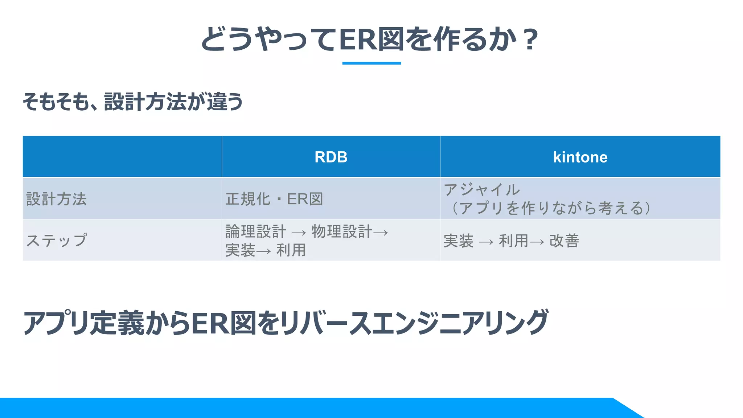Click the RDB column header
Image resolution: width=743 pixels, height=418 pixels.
pyautogui.click(x=331, y=157)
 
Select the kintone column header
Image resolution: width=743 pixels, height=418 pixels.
pyautogui.click(x=580, y=157)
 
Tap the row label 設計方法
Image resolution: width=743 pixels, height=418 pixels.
pyautogui.click(x=57, y=199)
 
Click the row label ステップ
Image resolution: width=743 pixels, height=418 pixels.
pyautogui.click(x=57, y=240)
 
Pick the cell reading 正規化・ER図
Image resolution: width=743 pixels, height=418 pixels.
pyautogui.click(x=274, y=199)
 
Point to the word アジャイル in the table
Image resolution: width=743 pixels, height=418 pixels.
pyautogui.click(x=482, y=190)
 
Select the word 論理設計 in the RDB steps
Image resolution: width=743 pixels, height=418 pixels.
pyautogui.click(x=256, y=231)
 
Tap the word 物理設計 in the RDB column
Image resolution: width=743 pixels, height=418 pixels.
pyautogui.click(x=342, y=231)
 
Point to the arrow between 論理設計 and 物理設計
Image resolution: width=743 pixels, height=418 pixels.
pyautogui.click(x=299, y=233)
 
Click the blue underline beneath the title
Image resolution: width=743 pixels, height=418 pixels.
pyautogui.click(x=371, y=63)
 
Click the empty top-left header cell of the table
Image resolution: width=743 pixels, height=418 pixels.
pyautogui.click(x=122, y=157)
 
